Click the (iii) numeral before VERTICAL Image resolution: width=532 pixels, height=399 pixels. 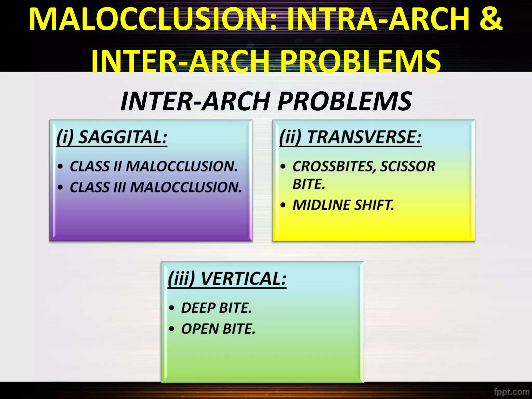click(x=181, y=279)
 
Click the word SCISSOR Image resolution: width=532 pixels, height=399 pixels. click(x=408, y=166)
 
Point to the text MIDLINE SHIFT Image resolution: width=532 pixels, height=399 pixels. click(x=343, y=205)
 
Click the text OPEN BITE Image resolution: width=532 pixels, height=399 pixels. click(x=218, y=329)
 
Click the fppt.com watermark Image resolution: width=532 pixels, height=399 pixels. click(x=511, y=391)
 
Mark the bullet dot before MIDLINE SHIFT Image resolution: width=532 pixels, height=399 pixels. click(x=283, y=205)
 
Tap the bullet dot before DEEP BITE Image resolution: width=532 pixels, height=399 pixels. click(x=171, y=308)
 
